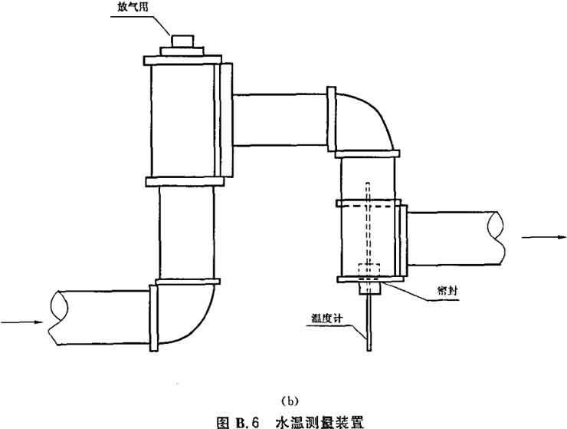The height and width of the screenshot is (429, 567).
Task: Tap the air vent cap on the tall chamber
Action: click(x=182, y=40)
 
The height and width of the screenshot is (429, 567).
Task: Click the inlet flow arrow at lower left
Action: click(x=19, y=321)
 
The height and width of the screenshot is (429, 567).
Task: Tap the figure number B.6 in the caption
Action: click(x=244, y=419)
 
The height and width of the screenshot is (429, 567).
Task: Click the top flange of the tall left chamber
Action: click(x=183, y=59)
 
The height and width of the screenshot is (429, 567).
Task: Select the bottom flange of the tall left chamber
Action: click(x=184, y=182)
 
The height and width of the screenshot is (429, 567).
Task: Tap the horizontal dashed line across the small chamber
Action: click(x=369, y=205)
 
